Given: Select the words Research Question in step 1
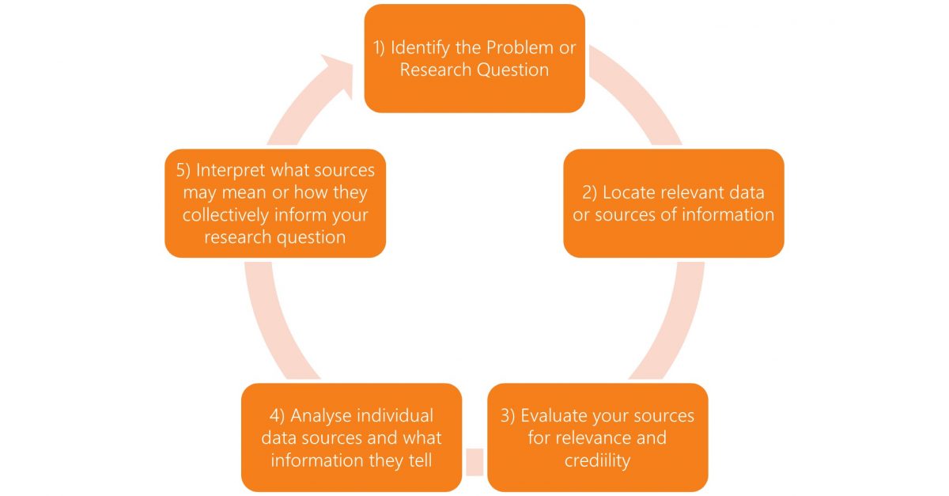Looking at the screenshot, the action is (475, 70).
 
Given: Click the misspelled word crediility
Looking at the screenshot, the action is (597, 461).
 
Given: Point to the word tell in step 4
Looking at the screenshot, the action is (420, 460).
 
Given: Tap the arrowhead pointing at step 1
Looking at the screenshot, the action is (339, 72).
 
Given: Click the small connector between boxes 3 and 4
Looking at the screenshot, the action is (475, 462).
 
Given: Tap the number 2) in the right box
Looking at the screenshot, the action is (589, 193).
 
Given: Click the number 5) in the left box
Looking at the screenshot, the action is (183, 170).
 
